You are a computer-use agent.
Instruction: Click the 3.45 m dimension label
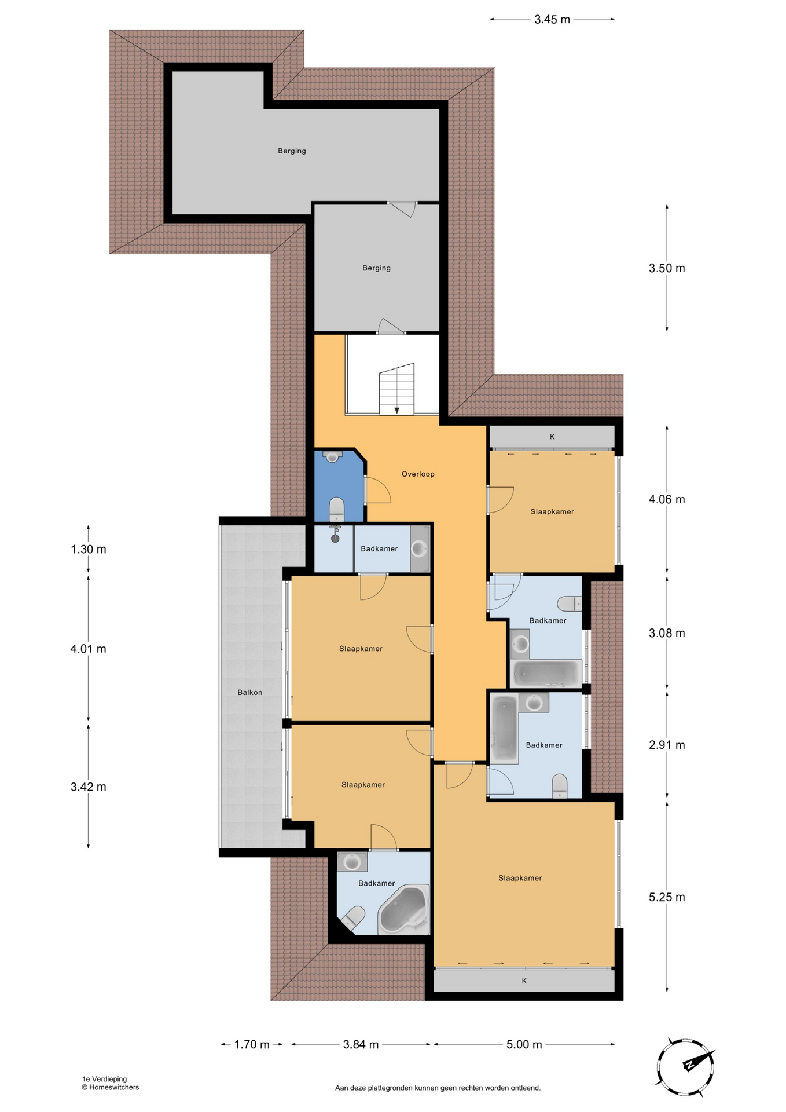pos(552,19)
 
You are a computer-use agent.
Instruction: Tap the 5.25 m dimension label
pos(667,897)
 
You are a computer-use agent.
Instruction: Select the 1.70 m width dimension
pos(252,1044)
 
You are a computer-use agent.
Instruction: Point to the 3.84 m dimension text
pos(361,1044)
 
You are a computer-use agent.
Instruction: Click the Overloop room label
pos(418,474)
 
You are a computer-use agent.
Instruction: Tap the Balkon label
pos(250,692)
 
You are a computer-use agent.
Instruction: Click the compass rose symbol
pos(685,1067)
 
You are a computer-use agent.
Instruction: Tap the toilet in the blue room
pos(336,509)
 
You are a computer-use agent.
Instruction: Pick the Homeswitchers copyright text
pos(111,1087)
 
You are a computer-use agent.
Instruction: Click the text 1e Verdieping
pos(104,1079)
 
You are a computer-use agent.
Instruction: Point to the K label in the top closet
pos(552,437)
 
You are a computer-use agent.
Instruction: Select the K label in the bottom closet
pos(524,981)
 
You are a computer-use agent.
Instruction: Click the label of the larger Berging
pos(292,151)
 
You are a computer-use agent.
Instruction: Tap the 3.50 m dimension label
pos(667,268)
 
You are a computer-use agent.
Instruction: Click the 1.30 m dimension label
pos(89,549)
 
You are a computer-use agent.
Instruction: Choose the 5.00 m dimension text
pos(524,1044)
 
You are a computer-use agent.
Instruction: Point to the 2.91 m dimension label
pos(667,745)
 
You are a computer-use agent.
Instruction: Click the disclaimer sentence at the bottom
pos(438,1088)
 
